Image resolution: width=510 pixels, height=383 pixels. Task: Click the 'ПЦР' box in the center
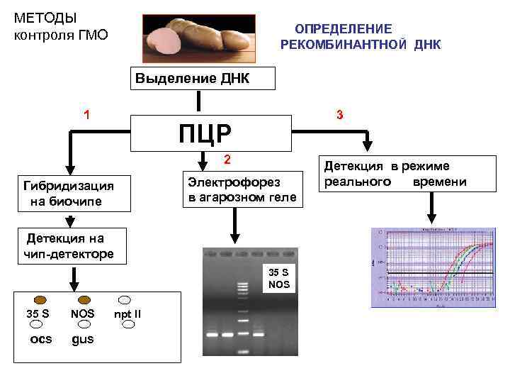point(211,133)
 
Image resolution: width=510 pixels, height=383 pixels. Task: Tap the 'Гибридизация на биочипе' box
point(68,194)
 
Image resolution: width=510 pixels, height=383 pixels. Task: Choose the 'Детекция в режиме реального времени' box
point(396,174)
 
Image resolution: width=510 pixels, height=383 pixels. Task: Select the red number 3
point(340,115)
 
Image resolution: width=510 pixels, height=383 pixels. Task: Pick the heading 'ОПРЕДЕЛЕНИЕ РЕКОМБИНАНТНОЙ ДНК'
point(360,37)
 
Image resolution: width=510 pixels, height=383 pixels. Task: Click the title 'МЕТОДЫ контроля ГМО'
point(61,26)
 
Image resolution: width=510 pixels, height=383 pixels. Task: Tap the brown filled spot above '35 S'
point(40,299)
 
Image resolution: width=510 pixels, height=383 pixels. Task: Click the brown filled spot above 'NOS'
point(84,299)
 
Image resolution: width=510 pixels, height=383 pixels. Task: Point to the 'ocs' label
point(41,339)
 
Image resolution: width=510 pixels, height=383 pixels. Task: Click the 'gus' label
point(82,339)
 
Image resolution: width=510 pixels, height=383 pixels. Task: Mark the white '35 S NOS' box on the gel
point(279,277)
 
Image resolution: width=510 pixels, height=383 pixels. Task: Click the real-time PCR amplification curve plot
point(432,267)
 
